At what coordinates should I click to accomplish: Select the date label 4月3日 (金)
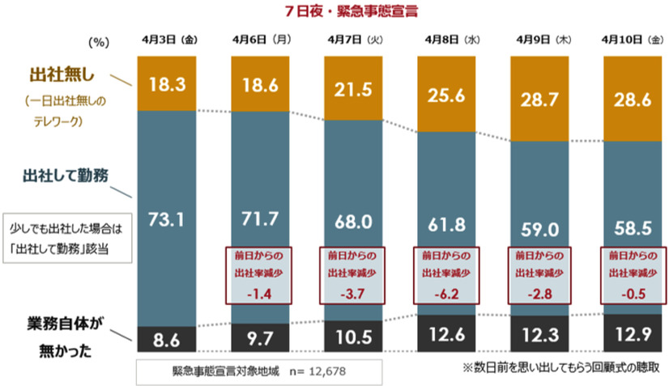coord(168,39)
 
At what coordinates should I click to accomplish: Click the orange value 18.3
coord(168,82)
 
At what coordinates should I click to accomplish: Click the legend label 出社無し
coord(63,78)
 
